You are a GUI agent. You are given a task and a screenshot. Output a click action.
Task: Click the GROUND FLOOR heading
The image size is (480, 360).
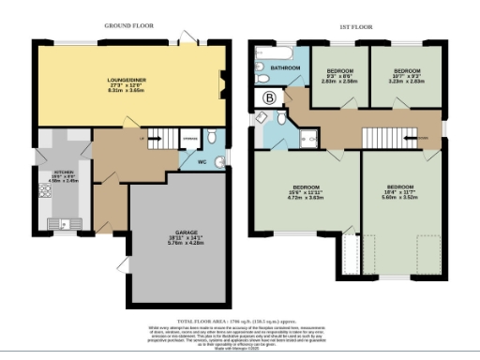pyautogui.click(x=127, y=29)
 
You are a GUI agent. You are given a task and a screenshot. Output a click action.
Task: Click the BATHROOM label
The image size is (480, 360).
pyautogui.click(x=285, y=68)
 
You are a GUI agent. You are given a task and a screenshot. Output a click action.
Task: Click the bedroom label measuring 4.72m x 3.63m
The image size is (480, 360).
pyautogui.click(x=303, y=193)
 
